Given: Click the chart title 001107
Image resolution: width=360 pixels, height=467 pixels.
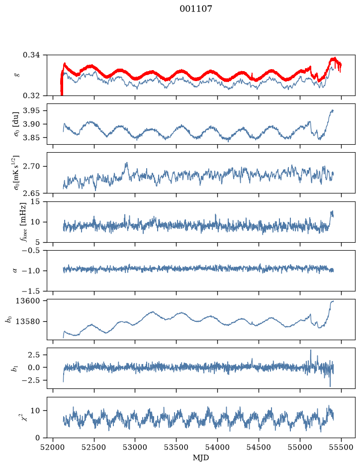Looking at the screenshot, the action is coord(195,9).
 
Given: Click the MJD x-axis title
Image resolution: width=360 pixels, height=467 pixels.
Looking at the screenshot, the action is coord(201,458).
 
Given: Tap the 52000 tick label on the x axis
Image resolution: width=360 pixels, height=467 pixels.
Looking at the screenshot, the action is coord(53,447).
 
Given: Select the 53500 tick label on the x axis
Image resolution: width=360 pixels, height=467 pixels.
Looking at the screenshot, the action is coord(177,447).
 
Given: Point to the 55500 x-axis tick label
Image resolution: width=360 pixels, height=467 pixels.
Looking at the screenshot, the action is coord(341,447).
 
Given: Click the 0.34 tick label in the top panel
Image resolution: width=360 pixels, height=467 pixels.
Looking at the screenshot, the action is coord(31,55).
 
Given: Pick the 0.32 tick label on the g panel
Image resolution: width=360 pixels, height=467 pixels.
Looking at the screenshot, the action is coord(31,95).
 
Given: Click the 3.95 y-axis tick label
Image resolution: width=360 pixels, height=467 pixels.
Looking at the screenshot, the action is coord(31,110).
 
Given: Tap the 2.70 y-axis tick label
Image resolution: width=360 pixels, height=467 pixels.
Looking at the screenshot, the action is coord(31,166).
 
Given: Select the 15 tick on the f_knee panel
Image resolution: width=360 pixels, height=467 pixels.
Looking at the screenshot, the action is coord(35,201).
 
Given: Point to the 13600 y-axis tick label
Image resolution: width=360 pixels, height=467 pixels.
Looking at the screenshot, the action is coord(27,301).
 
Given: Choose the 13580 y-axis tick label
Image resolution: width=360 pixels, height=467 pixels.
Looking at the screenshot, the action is coord(27,321).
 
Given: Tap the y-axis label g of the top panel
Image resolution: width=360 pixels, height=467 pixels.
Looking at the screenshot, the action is coord(17,75).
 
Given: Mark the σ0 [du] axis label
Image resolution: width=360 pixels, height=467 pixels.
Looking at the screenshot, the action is coord(17,124).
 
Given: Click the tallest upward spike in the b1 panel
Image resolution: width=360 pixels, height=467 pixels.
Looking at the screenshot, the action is coord(311,351).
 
